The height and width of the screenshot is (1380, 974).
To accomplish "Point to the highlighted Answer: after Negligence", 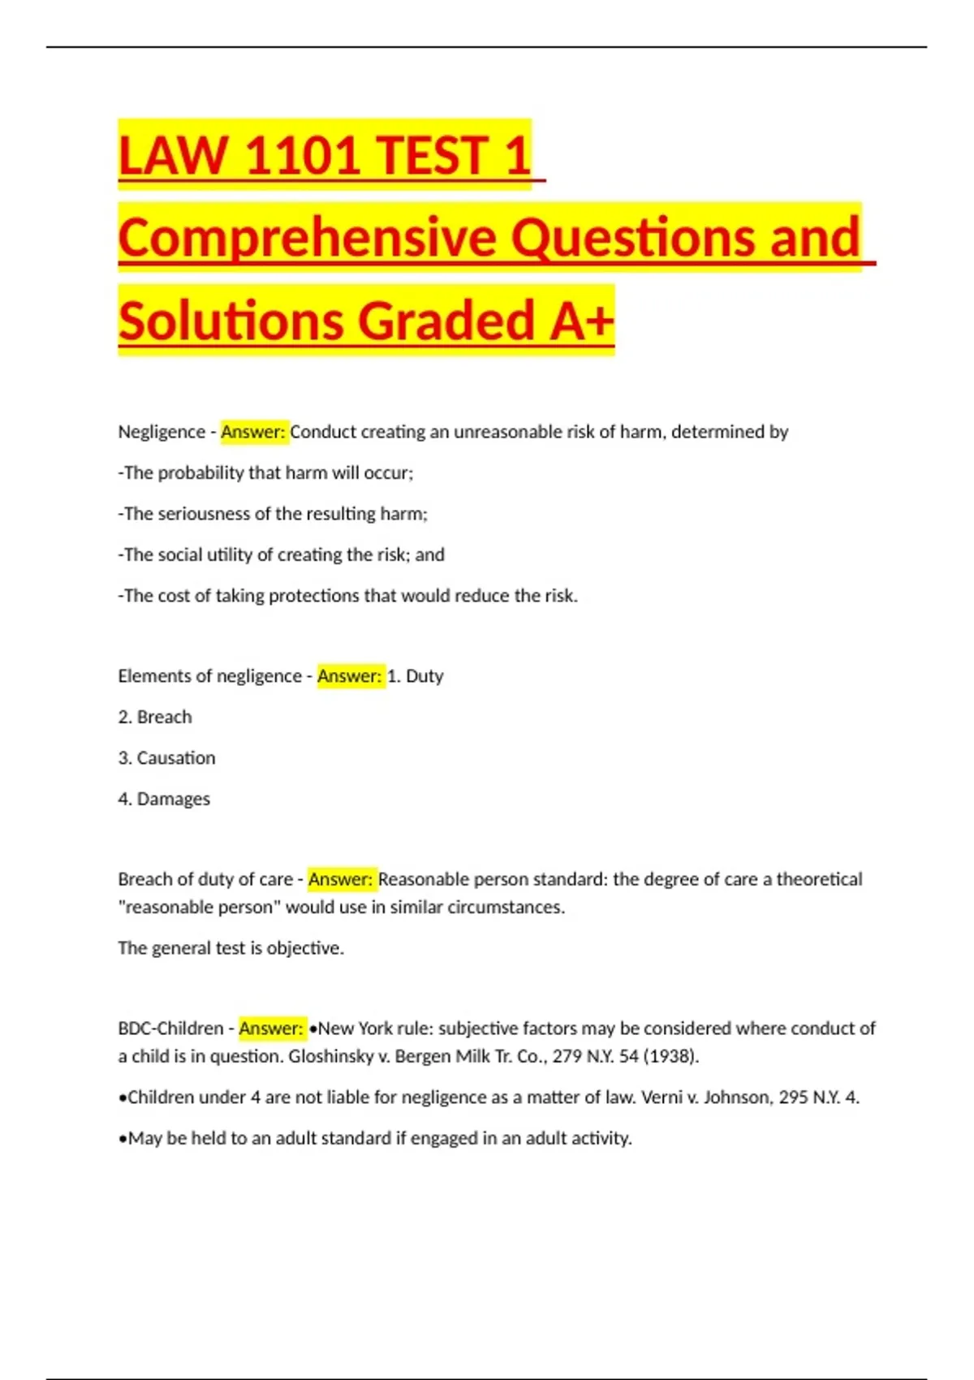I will tap(253, 432).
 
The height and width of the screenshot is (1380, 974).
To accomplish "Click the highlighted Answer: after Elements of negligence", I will tap(349, 676).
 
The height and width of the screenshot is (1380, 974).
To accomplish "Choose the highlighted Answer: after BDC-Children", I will tap(271, 1029).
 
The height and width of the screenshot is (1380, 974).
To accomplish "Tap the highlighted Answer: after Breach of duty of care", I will tap(340, 879).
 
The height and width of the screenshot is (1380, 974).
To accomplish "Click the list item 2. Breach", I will tap(155, 717).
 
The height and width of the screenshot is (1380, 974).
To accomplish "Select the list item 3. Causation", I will tap(166, 758).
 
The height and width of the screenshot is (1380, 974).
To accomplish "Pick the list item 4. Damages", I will tap(164, 799).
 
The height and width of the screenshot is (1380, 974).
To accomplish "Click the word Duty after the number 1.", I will tap(425, 676).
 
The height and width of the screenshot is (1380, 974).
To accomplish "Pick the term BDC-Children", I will tap(170, 1029).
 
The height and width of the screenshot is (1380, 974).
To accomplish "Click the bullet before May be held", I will tap(123, 1139).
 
